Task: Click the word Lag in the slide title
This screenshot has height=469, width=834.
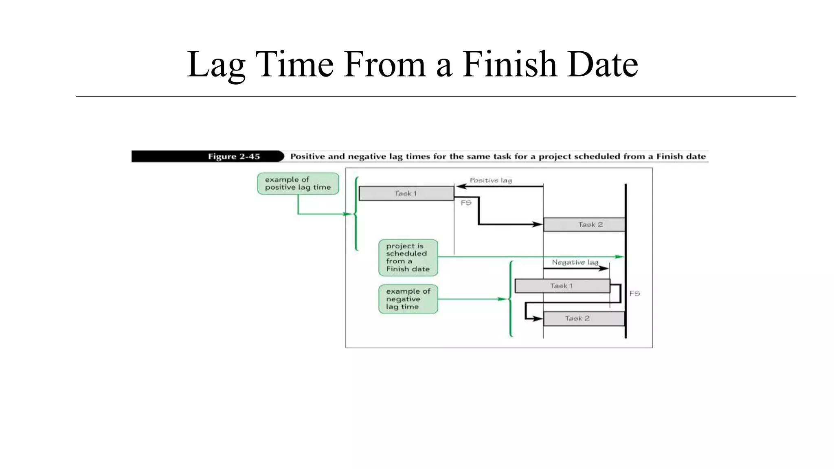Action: (216, 64)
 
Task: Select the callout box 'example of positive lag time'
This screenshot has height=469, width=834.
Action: (298, 184)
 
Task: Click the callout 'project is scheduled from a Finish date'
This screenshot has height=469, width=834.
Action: (408, 258)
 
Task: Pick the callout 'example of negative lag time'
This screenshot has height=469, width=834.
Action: (408, 299)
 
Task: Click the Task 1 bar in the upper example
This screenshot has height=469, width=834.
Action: (406, 193)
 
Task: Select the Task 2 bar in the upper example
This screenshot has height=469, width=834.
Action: (584, 225)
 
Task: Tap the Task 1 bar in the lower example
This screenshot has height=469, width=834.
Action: (562, 286)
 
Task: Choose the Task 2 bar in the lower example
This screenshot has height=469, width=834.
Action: (584, 318)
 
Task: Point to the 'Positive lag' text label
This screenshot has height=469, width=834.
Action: (491, 180)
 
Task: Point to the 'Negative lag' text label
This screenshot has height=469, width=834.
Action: (575, 262)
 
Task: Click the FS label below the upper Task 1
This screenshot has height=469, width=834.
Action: (466, 203)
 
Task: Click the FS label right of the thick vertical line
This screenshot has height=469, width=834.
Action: (634, 293)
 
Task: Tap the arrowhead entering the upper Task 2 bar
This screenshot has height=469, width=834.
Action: (539, 224)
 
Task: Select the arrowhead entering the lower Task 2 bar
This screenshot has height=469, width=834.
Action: (539, 318)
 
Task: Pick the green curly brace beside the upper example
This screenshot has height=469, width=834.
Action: (356, 214)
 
